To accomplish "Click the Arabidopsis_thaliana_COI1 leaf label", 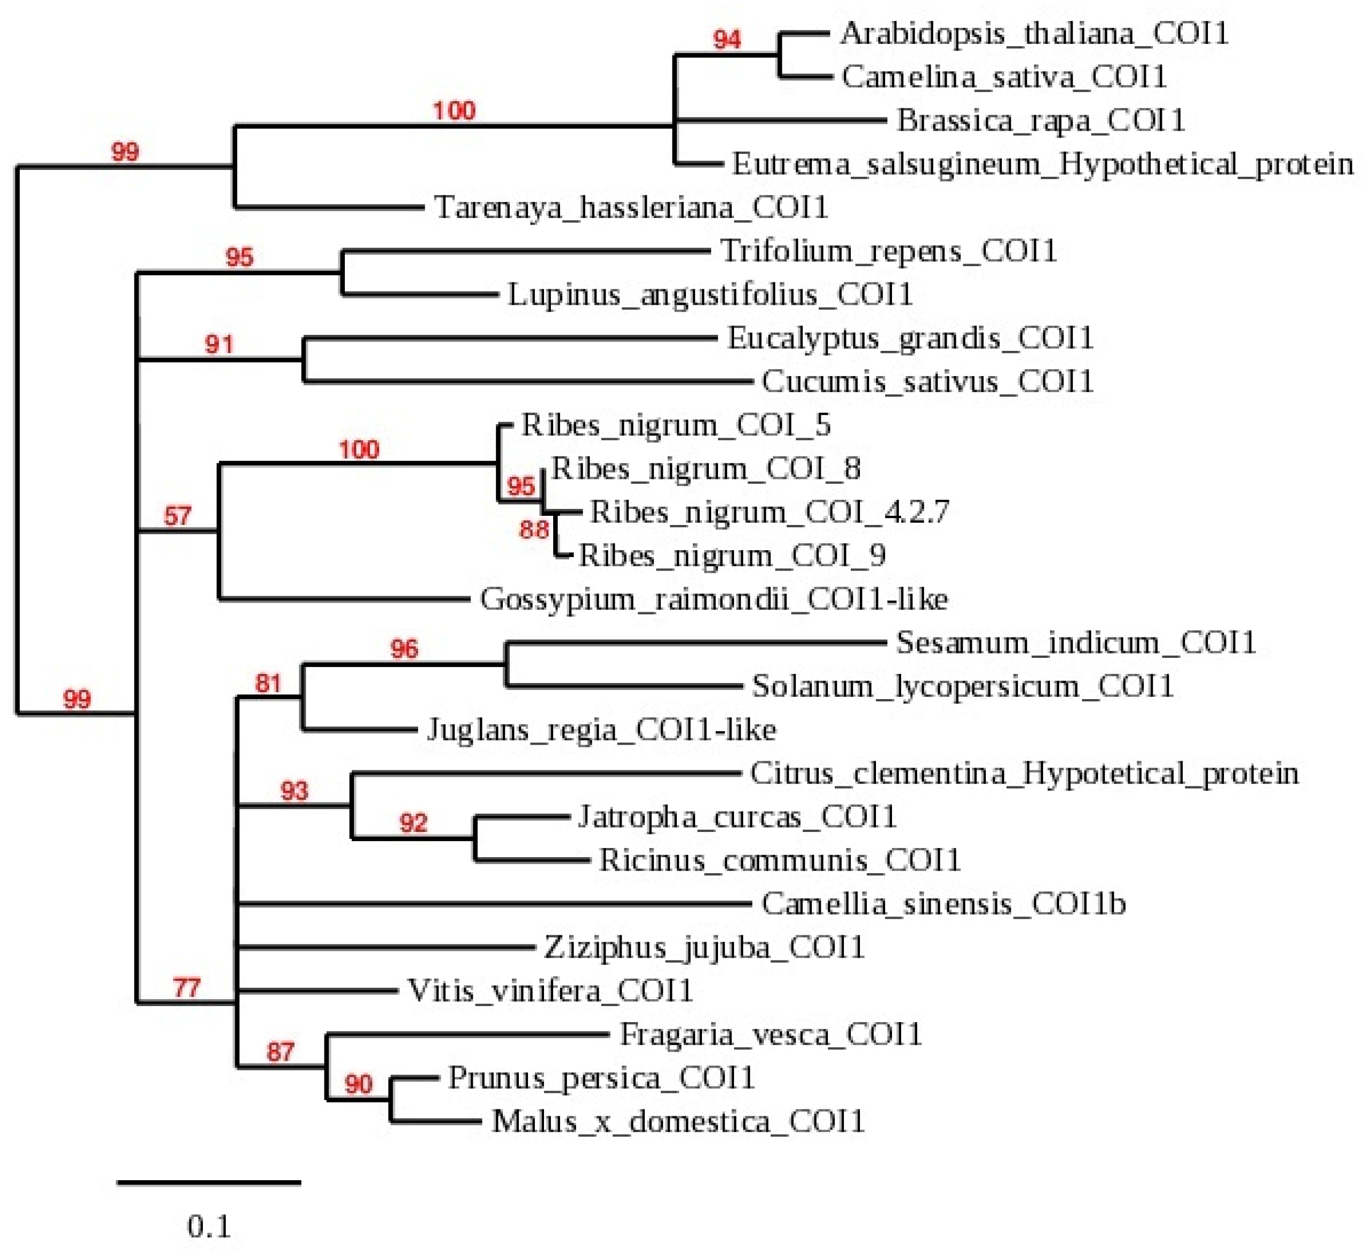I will (1034, 33).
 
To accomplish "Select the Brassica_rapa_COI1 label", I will (1041, 121).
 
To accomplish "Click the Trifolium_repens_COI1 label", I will (888, 251).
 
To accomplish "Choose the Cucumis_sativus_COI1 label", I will (927, 381).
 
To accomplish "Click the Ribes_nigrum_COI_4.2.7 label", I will (769, 512).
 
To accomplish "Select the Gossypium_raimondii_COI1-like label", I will (713, 599).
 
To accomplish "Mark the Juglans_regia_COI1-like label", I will (601, 730).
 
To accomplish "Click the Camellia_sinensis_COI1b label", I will (943, 904).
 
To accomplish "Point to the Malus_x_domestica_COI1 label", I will (678, 1121).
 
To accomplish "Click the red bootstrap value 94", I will (727, 39).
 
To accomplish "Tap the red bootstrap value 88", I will (534, 529).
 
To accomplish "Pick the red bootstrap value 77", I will (186, 988).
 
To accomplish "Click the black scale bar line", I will (209, 1182).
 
